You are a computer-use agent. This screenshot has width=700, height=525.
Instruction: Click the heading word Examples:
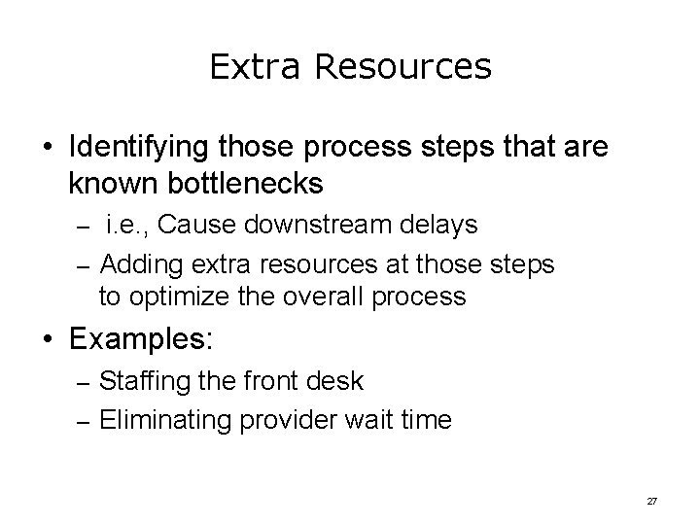141,341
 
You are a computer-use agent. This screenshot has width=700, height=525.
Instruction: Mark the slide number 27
652,501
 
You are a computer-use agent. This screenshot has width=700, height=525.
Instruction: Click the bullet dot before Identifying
49,149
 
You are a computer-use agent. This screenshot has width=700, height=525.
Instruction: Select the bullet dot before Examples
49,342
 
